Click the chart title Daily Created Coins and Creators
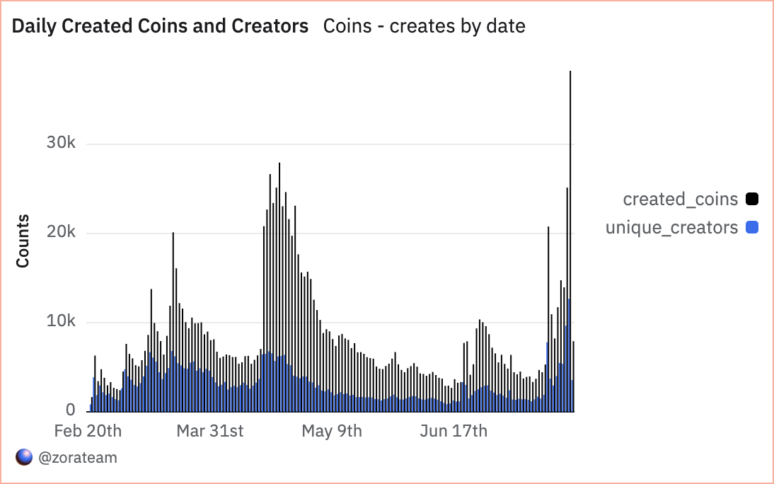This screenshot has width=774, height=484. [x=161, y=27]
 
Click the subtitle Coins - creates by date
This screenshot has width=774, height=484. [x=424, y=27]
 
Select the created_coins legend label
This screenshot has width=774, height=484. [x=680, y=200]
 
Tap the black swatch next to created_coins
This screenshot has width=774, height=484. [x=751, y=200]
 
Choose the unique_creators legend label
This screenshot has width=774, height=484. [x=671, y=228]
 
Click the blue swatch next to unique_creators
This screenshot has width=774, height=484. [x=751, y=228]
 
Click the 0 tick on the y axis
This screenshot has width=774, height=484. [x=71, y=410]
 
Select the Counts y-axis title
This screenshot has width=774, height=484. [x=23, y=241]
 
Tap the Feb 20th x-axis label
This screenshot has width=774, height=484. [x=88, y=431]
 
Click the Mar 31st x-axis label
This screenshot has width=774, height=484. [x=210, y=431]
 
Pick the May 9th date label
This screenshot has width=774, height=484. [x=332, y=431]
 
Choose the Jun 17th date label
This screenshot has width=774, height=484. [x=454, y=431]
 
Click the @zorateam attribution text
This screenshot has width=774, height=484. [x=78, y=458]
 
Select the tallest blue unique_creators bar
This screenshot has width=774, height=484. [x=568, y=354]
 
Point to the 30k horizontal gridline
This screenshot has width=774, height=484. [x=318, y=144]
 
